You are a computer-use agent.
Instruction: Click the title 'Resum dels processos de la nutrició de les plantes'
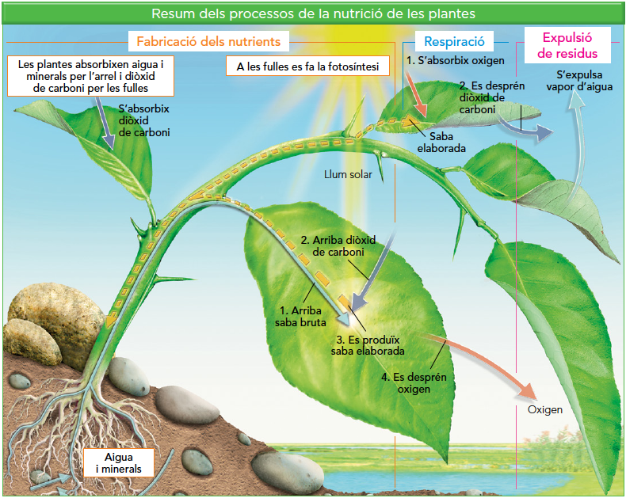313,13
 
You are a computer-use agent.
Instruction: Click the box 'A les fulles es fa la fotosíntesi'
307,67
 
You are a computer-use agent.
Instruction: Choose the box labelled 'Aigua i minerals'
118,463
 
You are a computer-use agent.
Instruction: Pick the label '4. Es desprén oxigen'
414,383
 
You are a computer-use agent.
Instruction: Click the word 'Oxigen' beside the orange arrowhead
545,409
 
